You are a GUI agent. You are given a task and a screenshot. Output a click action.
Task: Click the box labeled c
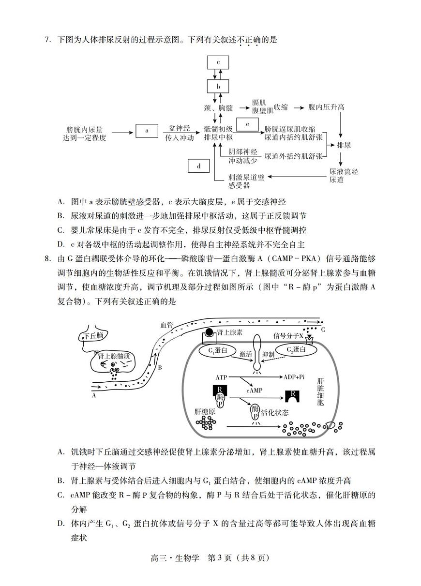click(x=218, y=62)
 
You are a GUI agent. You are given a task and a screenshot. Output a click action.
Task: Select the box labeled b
click(x=218, y=87)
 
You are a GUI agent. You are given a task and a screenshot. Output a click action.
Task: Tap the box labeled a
click(x=147, y=130)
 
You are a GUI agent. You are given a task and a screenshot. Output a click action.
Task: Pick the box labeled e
click(x=248, y=124)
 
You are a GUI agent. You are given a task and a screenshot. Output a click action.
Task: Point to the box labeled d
click(x=199, y=166)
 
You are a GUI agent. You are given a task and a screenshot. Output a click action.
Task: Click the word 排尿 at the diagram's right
click(x=344, y=145)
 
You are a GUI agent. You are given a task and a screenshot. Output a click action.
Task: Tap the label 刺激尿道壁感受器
click(x=246, y=181)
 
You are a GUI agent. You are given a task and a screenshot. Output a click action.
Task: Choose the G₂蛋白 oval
click(x=296, y=350)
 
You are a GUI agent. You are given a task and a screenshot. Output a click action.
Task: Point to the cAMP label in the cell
click(x=255, y=390)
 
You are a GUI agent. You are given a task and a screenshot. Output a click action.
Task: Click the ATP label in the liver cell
click(x=221, y=376)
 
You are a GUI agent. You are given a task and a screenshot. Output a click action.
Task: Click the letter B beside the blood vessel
click(x=160, y=368)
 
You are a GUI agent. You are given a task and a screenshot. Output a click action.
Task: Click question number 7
click(x=47, y=40)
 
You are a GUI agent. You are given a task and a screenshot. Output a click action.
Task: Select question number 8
click(x=47, y=259)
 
